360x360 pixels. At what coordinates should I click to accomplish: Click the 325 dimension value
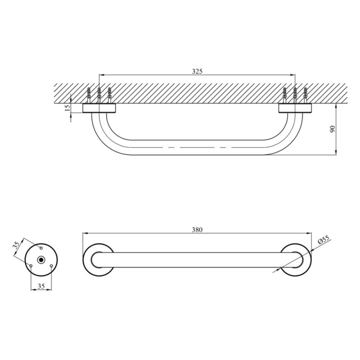[x=197, y=71]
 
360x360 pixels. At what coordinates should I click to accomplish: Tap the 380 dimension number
[x=197, y=229]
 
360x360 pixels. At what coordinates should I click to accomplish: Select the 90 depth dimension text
[x=332, y=129]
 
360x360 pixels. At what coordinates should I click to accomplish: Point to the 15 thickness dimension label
[x=67, y=108]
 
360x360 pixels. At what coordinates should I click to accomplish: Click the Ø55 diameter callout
[x=324, y=240]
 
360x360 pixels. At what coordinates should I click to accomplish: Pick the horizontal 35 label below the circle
[x=41, y=285]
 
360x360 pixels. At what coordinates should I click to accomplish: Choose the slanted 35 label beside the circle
[x=17, y=245]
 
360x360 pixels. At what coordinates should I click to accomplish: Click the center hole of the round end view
[x=41, y=260]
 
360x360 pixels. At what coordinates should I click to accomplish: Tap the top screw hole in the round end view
[x=41, y=248]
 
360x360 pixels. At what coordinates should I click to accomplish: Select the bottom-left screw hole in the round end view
[x=31, y=266]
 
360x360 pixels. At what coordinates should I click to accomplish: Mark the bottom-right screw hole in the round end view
[x=52, y=266]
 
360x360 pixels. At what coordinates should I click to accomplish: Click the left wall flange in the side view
[x=99, y=108]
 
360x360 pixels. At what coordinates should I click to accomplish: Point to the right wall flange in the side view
[x=295, y=108]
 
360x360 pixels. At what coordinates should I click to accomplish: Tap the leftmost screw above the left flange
[x=89, y=95]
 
